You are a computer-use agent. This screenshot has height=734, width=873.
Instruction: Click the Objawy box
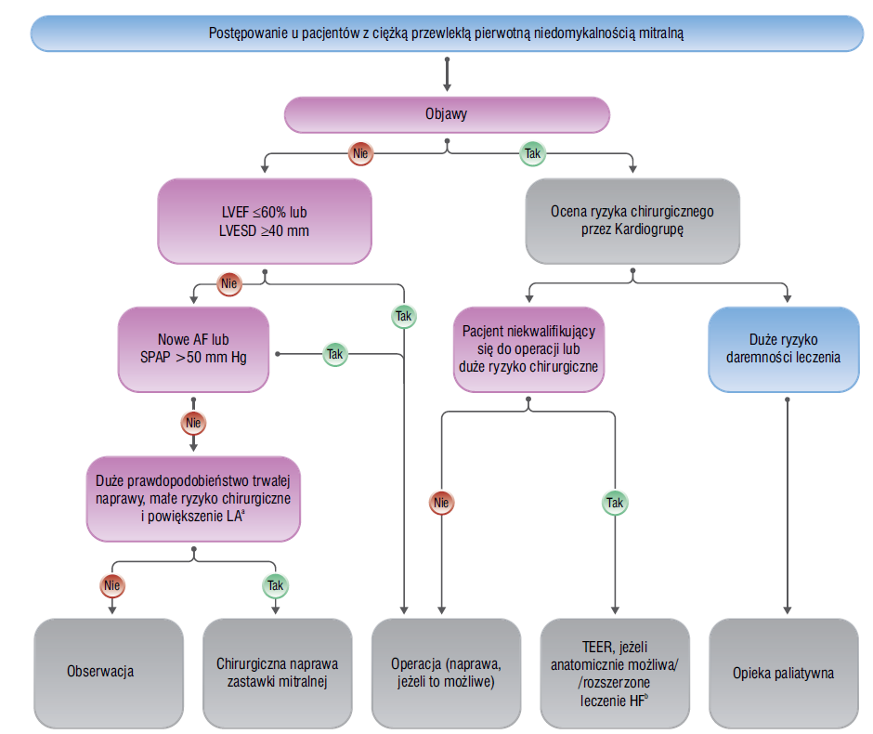(447, 114)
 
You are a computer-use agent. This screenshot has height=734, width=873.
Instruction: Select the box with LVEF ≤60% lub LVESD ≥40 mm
(265, 221)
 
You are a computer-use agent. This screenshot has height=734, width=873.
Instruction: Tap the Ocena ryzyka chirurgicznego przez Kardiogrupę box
(632, 221)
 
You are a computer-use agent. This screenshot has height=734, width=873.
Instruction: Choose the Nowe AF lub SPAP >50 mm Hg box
(193, 349)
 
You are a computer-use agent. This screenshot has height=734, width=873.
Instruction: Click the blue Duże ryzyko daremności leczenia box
(783, 349)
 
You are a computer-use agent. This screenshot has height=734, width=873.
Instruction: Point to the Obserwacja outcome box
(109, 673)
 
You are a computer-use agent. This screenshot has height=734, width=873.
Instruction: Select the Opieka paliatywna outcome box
(783, 673)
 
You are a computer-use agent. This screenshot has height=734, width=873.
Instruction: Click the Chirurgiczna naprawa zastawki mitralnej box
(278, 673)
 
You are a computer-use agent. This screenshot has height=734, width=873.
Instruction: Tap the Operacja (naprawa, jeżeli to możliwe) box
(446, 673)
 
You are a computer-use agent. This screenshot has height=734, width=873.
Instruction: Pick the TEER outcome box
(615, 673)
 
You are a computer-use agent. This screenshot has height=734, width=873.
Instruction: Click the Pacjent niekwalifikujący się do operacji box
(528, 349)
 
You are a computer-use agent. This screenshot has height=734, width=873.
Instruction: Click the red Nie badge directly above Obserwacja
(111, 585)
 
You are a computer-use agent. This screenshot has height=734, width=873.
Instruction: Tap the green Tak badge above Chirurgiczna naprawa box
(275, 585)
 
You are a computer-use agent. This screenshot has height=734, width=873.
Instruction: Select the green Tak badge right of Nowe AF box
(334, 354)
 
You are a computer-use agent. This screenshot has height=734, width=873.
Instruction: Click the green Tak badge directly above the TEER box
(615, 503)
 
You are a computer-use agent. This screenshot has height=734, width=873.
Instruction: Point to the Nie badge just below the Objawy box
(360, 153)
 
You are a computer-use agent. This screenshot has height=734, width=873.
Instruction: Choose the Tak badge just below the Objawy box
(532, 153)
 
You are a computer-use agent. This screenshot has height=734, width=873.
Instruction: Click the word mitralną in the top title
(661, 33)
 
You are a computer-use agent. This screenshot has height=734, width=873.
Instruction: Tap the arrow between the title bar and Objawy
(447, 74)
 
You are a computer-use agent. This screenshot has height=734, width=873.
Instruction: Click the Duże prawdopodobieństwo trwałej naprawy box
(193, 499)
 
